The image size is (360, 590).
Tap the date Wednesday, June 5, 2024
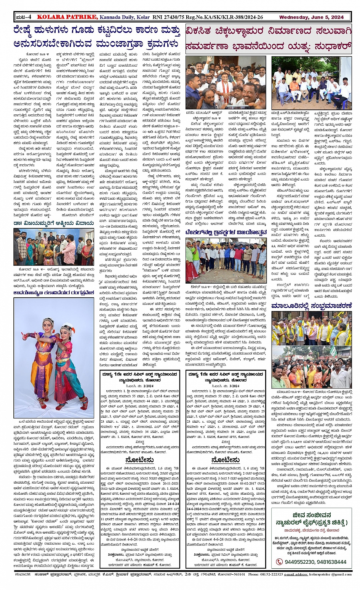[x=311, y=17]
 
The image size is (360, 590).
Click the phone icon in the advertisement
[x=279, y=561]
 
